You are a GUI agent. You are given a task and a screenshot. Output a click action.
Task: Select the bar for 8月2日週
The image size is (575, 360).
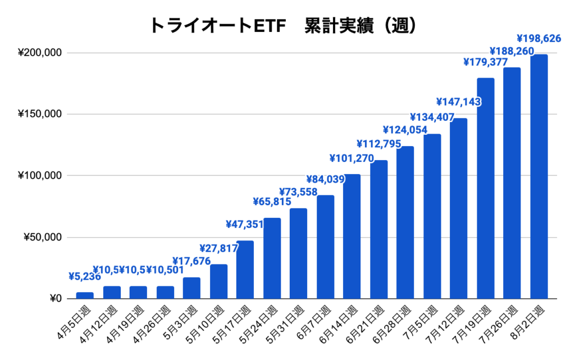click(x=539, y=176)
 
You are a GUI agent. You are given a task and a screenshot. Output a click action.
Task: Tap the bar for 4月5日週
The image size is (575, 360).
click(x=85, y=295)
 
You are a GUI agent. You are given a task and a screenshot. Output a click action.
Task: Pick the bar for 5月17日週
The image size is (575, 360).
click(x=245, y=270)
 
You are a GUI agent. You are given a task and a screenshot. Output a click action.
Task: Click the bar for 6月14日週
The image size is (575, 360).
click(x=352, y=236)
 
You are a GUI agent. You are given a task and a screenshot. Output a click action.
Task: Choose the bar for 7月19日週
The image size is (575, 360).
click(x=485, y=188)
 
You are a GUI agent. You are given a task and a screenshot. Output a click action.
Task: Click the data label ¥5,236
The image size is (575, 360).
click(x=85, y=276)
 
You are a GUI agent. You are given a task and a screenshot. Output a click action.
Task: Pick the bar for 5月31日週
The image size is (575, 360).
click(x=298, y=253)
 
